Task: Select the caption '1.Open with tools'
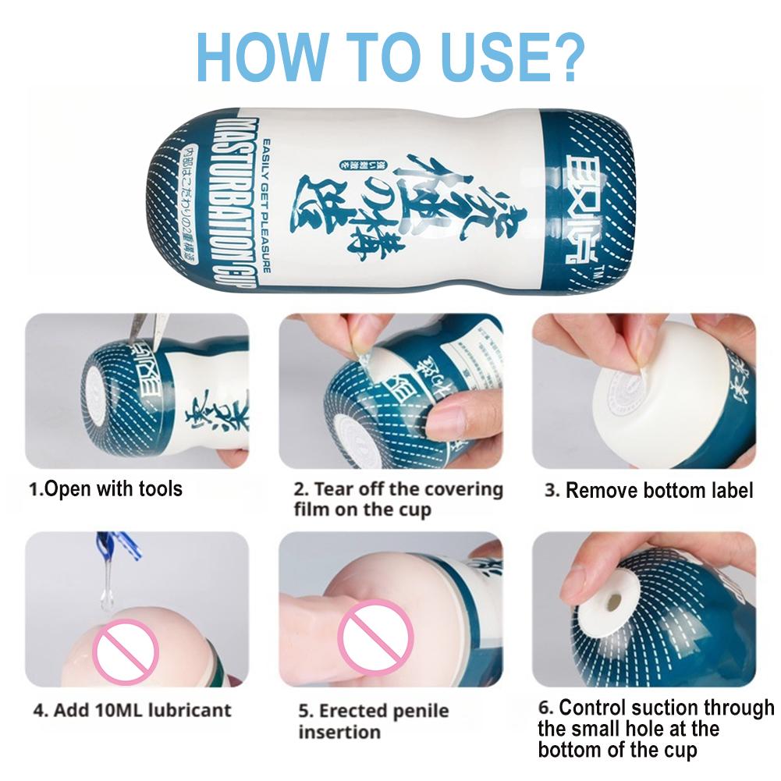pos(105,489)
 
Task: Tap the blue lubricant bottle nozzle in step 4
pos(117,546)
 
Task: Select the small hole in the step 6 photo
pos(615,602)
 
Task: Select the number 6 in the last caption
pos(545,708)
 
